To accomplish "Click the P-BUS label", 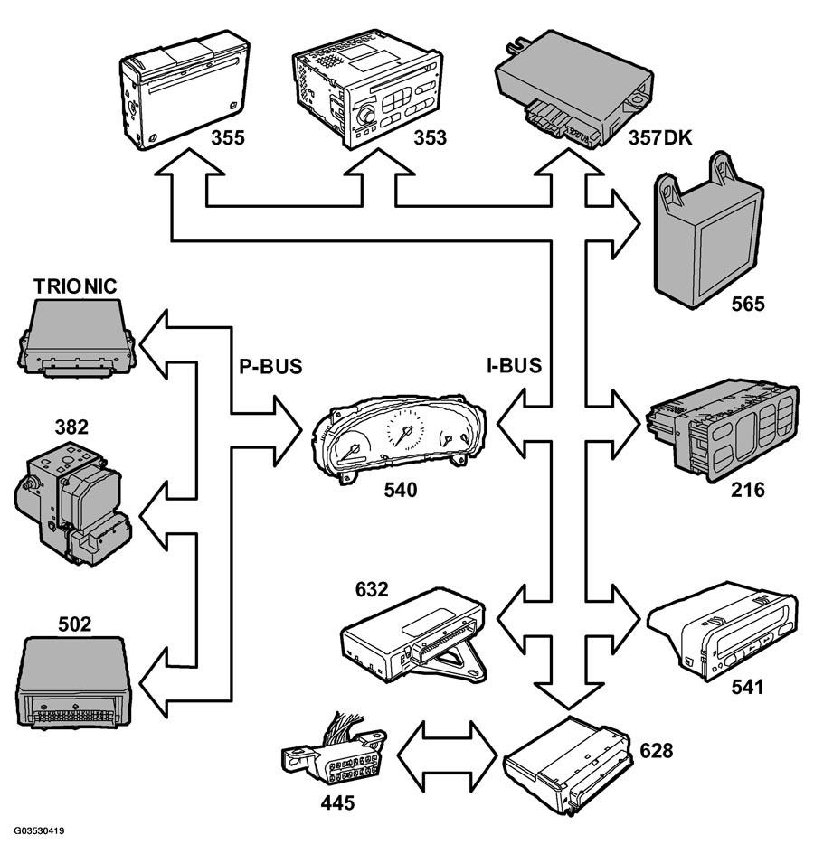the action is (270, 366).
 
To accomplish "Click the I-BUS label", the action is (514, 365).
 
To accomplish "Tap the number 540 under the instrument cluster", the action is (401, 490).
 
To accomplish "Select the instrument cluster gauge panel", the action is (399, 436).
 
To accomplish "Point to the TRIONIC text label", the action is (75, 286).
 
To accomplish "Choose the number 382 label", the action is (71, 427).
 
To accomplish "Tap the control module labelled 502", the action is (74, 682).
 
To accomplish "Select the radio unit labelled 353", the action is (367, 89).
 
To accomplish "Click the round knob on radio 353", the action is (365, 117).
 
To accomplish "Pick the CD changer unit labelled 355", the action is (185, 89).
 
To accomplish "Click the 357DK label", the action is (659, 137).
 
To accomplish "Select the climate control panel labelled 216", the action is (722, 430).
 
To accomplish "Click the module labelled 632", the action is (413, 635).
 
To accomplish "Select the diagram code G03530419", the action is (39, 830).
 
